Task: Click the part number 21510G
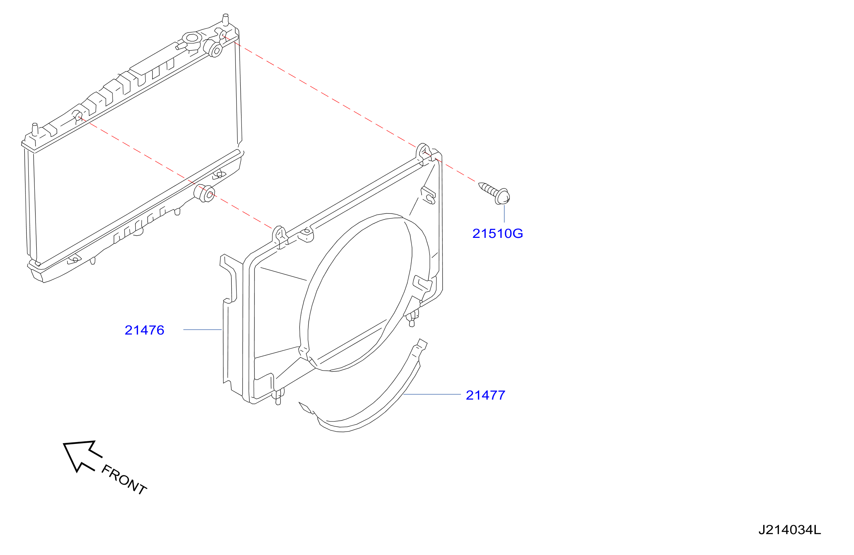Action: pyautogui.click(x=497, y=233)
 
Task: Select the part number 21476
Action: pyautogui.click(x=144, y=330)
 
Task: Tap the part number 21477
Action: pyautogui.click(x=485, y=395)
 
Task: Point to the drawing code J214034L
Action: pyautogui.click(x=790, y=530)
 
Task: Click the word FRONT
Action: pyautogui.click(x=124, y=479)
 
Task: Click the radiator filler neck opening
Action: pyautogui.click(x=192, y=38)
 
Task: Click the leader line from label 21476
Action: pyautogui.click(x=203, y=329)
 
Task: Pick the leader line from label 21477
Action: pyautogui.click(x=432, y=394)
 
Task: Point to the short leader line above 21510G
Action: pyautogui.click(x=504, y=214)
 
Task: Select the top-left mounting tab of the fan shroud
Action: pyautogui.click(x=279, y=236)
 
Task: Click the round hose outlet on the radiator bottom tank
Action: pyautogui.click(x=205, y=193)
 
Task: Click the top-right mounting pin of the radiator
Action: pyautogui.click(x=225, y=19)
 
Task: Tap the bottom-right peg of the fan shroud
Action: pyautogui.click(x=412, y=319)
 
